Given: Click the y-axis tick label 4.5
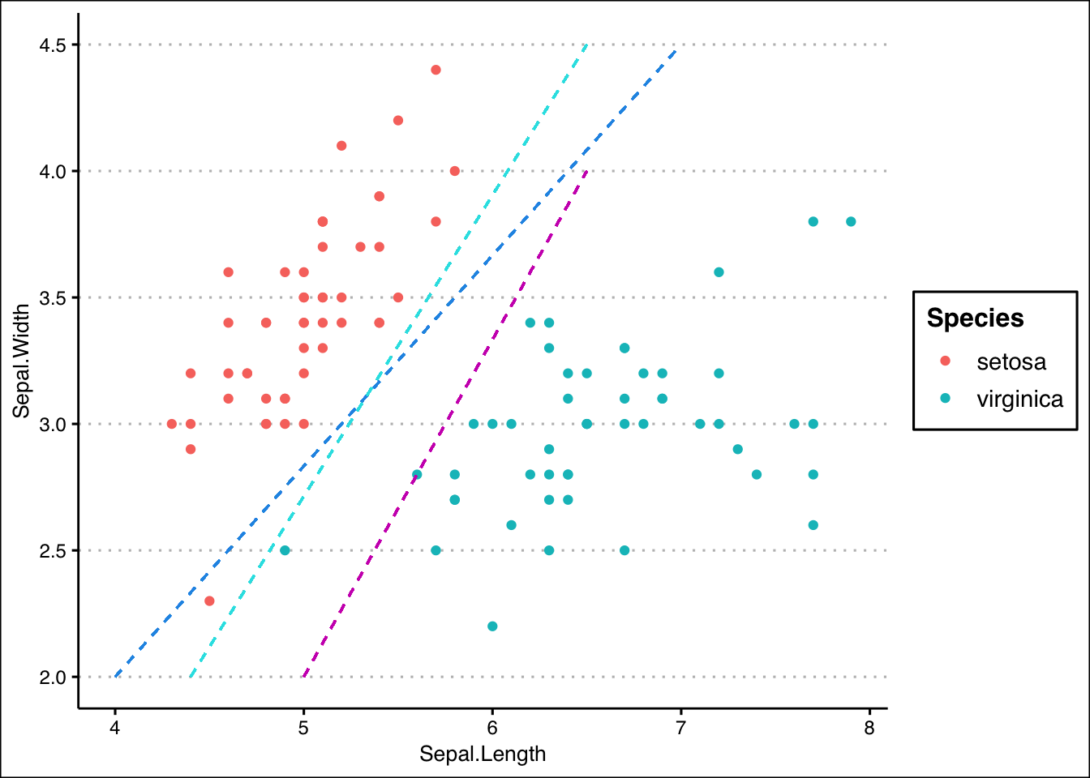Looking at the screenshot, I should (x=54, y=45).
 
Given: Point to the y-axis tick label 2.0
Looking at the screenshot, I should (x=54, y=677).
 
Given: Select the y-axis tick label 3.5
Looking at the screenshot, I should (x=54, y=297).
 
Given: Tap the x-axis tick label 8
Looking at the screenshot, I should (x=869, y=728).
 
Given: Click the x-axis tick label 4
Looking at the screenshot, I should (x=115, y=728).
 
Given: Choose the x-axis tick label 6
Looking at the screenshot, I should (x=492, y=728).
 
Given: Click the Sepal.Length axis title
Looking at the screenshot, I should (x=483, y=754).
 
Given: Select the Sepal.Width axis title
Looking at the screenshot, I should (x=22, y=361).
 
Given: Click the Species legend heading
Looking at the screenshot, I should (x=975, y=318).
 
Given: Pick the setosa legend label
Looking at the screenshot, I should (x=1011, y=361).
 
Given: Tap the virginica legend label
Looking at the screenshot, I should (x=1019, y=399).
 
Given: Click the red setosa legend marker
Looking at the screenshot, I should (x=945, y=361).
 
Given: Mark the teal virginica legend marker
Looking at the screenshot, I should (x=945, y=398).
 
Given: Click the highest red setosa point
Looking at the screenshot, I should (x=436, y=70).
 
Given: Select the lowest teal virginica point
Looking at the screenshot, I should (x=492, y=626).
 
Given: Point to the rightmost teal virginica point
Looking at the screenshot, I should (x=851, y=221).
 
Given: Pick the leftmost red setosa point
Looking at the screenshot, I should (x=172, y=424).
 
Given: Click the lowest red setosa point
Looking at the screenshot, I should (x=209, y=601).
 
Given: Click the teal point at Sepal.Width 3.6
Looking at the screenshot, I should (x=719, y=272).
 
